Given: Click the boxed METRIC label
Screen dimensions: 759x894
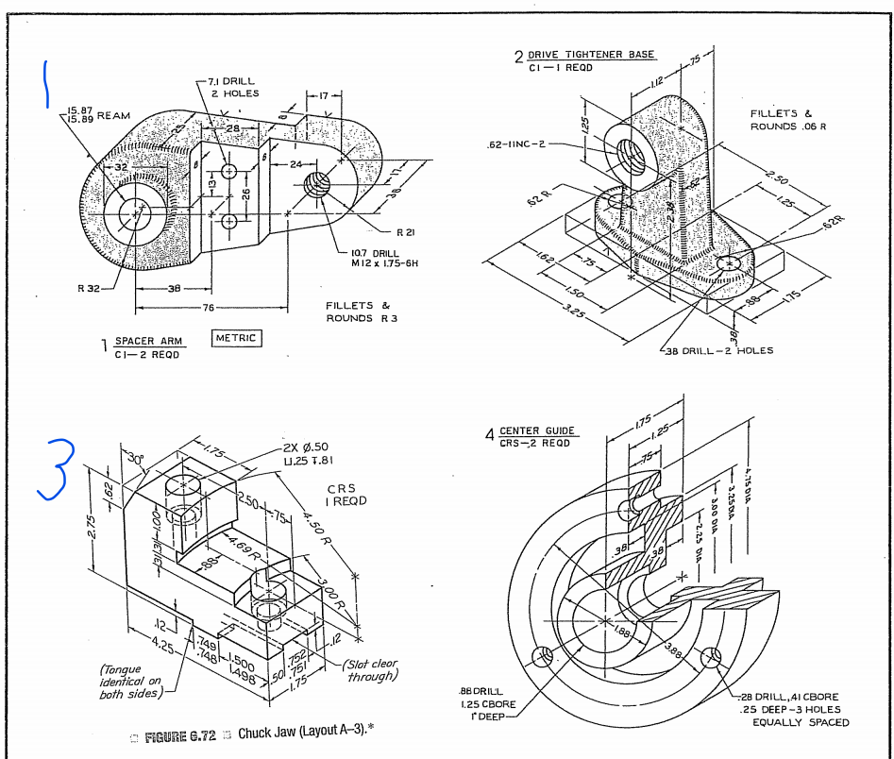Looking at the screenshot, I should (x=237, y=338).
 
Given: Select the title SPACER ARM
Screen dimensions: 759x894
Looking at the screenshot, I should (x=148, y=341).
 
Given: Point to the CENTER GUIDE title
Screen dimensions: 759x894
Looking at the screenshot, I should (x=538, y=430).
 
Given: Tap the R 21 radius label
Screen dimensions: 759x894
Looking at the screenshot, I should (x=408, y=231).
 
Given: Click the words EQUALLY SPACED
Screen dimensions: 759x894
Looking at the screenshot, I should (x=800, y=722).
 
